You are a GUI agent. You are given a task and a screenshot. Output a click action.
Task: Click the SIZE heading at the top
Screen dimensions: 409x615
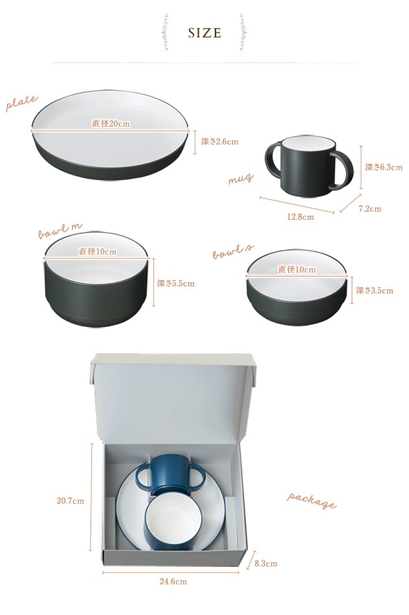204,33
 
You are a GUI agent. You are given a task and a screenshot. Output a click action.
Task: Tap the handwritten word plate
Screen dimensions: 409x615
21,103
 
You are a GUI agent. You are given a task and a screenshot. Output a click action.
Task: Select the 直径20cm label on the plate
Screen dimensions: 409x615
111,124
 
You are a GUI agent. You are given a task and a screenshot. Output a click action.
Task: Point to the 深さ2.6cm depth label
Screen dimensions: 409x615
219,142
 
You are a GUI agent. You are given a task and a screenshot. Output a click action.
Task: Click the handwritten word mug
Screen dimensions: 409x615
241,179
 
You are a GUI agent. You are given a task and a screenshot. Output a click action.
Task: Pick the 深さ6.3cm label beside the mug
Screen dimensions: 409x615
384,167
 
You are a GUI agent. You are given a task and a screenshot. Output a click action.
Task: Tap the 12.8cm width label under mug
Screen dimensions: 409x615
301,216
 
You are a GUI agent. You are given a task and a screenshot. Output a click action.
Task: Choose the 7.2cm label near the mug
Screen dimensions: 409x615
370,209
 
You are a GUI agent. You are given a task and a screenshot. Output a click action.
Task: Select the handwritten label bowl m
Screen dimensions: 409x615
60,231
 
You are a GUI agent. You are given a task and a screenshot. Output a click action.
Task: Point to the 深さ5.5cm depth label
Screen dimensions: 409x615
175,283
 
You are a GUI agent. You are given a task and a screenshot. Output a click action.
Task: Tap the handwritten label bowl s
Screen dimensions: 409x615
233,252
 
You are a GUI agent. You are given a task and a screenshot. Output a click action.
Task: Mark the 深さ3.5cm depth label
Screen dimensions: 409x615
375,291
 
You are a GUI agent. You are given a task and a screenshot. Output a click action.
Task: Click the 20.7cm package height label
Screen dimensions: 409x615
71,501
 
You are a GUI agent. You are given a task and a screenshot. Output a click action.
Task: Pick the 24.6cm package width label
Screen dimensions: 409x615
173,581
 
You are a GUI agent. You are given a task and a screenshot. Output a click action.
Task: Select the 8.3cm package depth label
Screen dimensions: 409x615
266,564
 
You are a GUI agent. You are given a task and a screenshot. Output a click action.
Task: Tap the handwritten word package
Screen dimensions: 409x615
312,501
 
